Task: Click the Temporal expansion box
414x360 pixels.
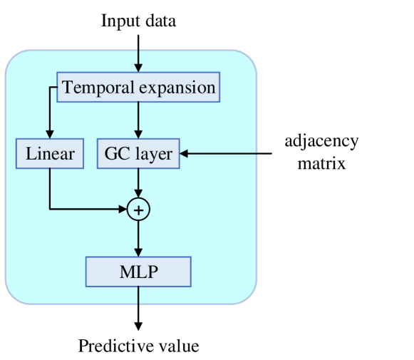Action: [x=138, y=88]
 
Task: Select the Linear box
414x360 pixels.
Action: [x=50, y=153]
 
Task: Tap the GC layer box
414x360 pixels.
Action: [x=138, y=153]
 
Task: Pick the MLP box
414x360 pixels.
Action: [x=138, y=272]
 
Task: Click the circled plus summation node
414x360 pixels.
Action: [x=138, y=210]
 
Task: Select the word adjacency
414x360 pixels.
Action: [x=321, y=140]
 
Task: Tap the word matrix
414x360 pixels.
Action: [x=321, y=163]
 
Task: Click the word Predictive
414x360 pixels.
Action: [x=110, y=346]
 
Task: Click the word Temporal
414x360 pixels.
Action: [x=95, y=88]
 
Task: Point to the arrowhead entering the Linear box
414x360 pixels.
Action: [x=50, y=135]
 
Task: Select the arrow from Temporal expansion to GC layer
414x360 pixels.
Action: [x=138, y=120]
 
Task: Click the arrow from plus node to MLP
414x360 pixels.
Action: [x=138, y=238]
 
